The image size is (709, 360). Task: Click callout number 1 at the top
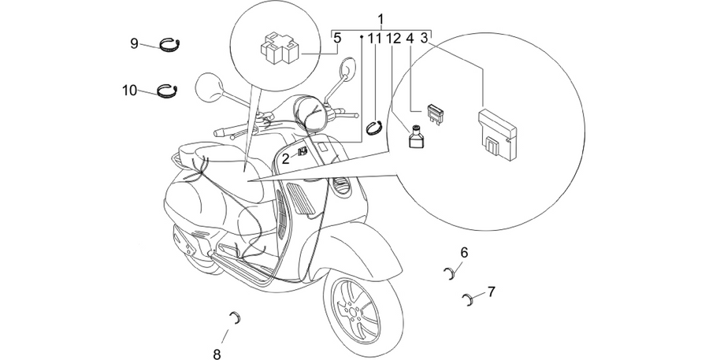pos(380,20)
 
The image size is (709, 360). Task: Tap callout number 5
pos(337,39)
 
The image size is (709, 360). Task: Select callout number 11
pos(374,39)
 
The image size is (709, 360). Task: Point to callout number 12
pos(394,39)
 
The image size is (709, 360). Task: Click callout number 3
pos(424,39)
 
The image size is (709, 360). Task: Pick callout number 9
pos(134,44)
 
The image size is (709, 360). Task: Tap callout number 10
pos(129,91)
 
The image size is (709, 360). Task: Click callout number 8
pos(217,353)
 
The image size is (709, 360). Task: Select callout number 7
pos(491,291)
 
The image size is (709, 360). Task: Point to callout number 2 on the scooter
pos(285,159)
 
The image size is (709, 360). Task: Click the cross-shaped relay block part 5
pos(280,48)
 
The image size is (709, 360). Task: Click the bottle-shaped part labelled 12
pos(415,136)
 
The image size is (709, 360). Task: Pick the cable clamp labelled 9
pos(170,45)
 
